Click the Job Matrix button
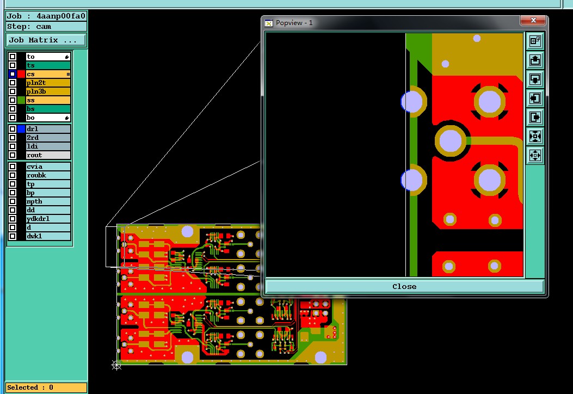[46, 40]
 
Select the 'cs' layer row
[48, 74]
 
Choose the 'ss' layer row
[48, 100]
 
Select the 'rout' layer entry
[48, 155]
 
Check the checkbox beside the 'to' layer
[13, 57]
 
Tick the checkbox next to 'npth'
[13, 201]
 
